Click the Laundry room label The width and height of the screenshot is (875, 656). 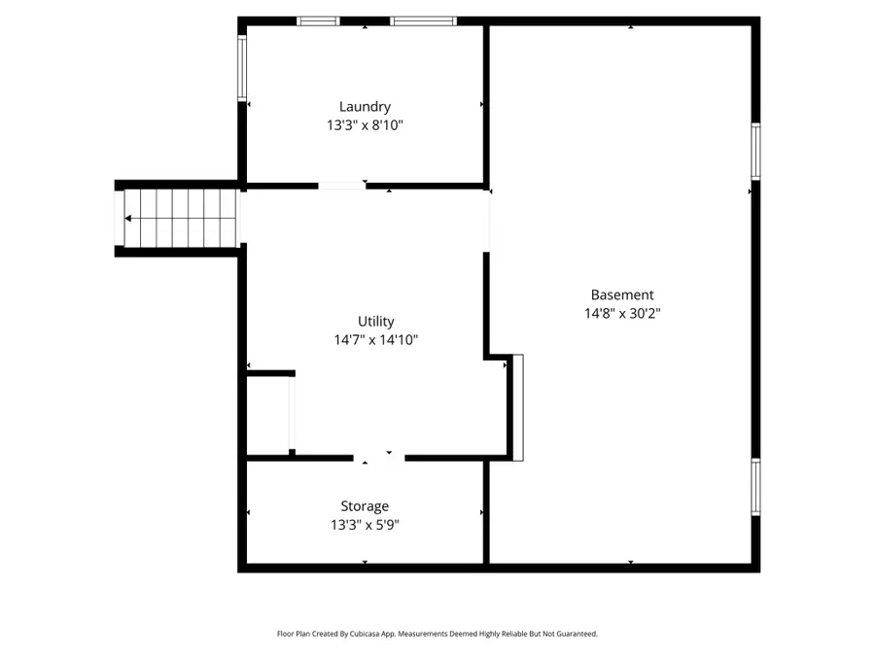click(365, 107)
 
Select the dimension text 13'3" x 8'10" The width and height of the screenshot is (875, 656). click(365, 125)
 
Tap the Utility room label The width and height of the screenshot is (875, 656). click(375, 322)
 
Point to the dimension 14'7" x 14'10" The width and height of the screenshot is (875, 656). click(375, 340)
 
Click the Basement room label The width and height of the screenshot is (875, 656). click(622, 294)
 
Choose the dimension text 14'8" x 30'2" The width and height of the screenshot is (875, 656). click(622, 313)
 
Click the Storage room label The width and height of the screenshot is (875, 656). click(365, 506)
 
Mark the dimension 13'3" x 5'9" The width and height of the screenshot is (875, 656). click(365, 525)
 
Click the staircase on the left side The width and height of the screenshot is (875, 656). click(181, 218)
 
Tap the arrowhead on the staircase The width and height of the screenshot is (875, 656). click(128, 219)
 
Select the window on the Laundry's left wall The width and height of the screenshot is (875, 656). click(242, 67)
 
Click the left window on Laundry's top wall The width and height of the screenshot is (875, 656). click(318, 20)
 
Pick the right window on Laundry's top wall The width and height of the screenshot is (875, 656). click(423, 20)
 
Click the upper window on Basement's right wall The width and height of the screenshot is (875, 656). click(755, 151)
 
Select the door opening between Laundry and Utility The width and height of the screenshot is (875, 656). click(342, 185)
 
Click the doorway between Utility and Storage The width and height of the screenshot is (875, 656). click(379, 457)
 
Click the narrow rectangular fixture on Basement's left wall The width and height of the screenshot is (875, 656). click(518, 407)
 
